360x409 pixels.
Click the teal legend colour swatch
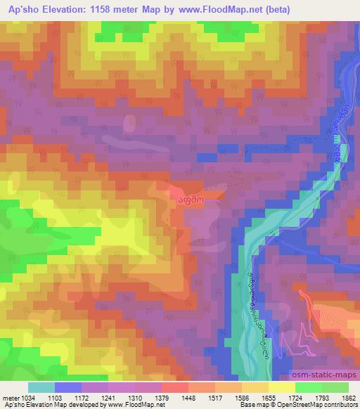click(x=41, y=387)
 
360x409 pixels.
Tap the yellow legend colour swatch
click(x=281, y=387)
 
